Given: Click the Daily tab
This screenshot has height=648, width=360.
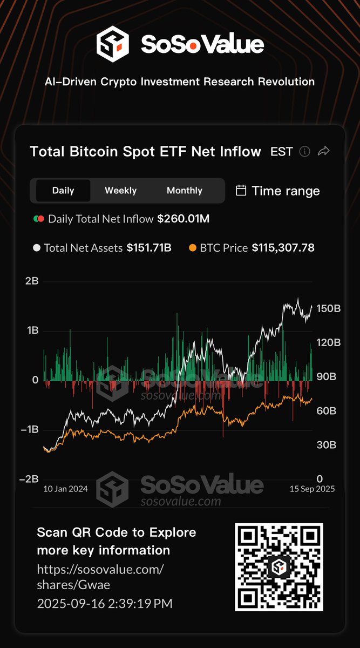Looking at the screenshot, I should click(x=63, y=191).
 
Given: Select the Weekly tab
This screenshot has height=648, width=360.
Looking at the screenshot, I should click(x=120, y=191).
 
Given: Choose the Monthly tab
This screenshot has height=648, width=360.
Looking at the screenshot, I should click(x=184, y=191).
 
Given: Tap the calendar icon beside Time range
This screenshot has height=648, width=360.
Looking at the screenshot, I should click(x=241, y=191).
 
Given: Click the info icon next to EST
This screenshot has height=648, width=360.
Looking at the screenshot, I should click(x=304, y=152).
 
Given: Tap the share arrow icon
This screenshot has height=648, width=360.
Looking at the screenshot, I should click(x=323, y=152).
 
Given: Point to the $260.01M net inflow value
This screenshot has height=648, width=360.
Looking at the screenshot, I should click(x=184, y=219).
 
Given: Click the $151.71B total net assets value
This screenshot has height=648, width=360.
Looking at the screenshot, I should click(x=149, y=248).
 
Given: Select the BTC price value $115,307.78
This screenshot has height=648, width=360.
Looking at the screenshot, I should click(x=283, y=248).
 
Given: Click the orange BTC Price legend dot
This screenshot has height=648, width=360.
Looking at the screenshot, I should click(x=193, y=248).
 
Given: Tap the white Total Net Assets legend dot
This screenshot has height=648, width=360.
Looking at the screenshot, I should click(x=37, y=248).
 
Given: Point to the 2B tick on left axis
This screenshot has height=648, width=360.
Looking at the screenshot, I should click(x=31, y=281).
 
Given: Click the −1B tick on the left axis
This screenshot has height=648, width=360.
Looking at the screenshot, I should click(x=30, y=430).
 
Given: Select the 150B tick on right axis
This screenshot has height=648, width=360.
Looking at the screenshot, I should click(x=328, y=309).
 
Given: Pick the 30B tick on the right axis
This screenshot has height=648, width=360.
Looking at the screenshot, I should click(x=326, y=445).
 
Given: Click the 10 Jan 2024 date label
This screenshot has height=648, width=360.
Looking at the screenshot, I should click(x=65, y=489).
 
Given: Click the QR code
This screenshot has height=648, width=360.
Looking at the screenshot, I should click(x=279, y=567).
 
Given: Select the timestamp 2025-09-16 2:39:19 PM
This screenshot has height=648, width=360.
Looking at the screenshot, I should click(x=105, y=604).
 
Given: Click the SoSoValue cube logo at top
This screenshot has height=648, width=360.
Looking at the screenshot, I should click(x=112, y=44).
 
